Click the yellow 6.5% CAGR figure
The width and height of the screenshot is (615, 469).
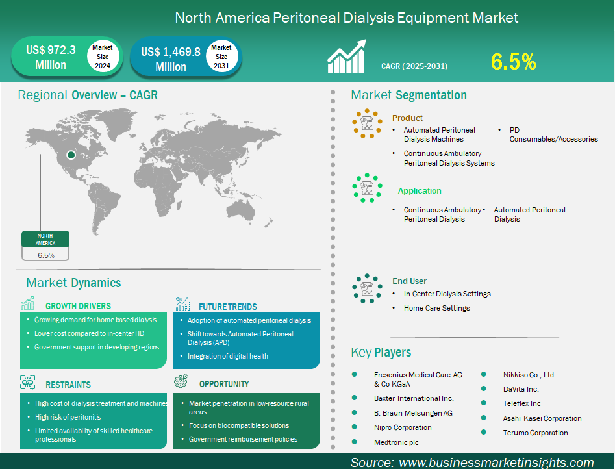coord(513,62)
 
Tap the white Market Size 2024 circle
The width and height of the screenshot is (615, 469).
coord(103,56)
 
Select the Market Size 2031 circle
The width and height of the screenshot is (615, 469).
coord(221,56)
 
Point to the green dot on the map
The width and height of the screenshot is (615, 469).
coord(71,155)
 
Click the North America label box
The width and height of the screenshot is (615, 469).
coord(45,239)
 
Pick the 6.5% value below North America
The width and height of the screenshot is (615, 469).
coord(46,255)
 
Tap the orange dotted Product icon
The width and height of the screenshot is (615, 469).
coord(367,123)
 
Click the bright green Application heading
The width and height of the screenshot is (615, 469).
coord(420,191)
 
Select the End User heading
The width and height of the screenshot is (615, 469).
coord(410,281)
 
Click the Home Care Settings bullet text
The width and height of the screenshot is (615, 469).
coord(437,308)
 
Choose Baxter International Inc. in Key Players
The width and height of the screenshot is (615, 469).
coord(414,398)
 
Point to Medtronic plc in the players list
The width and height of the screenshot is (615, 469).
coord(396,442)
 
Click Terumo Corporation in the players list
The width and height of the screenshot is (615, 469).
coord(535,433)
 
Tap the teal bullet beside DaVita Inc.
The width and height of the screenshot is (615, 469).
coord(484,388)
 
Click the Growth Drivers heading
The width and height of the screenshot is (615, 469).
coord(78,306)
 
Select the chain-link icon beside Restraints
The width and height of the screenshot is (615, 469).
coord(28,382)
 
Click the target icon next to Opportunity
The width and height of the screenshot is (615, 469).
coord(181,381)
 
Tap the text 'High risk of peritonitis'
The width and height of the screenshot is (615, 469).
coord(68,417)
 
